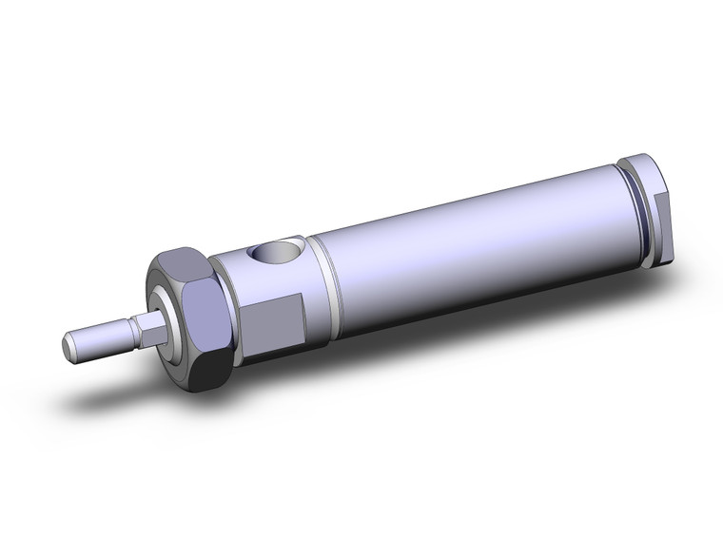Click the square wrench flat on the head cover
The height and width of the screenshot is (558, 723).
tap(276, 320)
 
